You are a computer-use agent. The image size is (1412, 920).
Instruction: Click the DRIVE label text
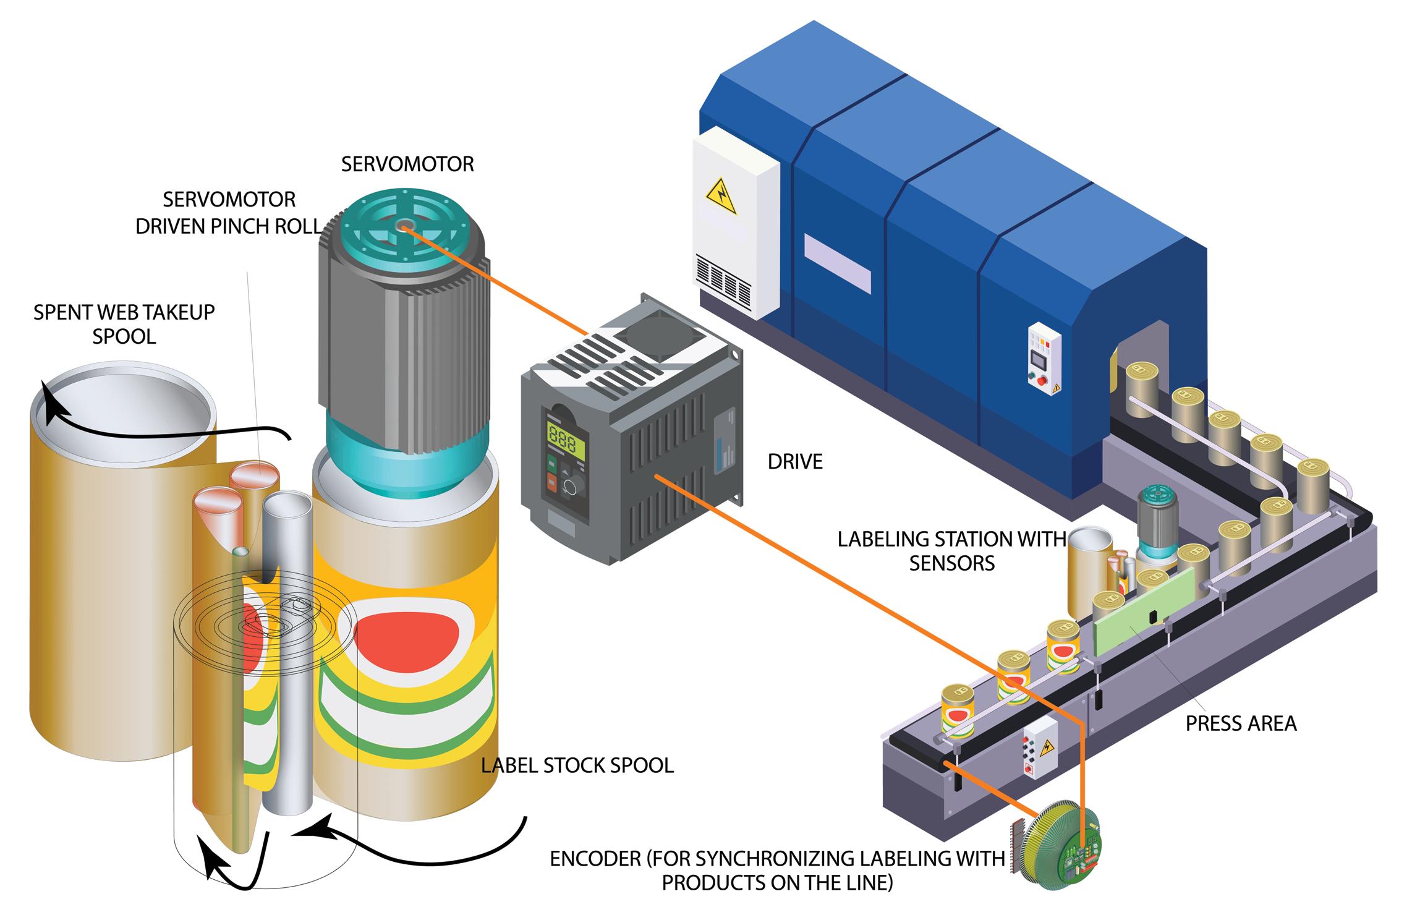tap(795, 462)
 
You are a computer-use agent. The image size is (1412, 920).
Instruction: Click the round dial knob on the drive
tap(570, 488)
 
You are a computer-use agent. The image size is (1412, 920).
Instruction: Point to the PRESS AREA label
tap(1241, 723)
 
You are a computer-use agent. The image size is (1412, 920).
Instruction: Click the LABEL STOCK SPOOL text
tap(577, 765)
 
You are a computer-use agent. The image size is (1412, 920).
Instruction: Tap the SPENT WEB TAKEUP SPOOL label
tap(124, 324)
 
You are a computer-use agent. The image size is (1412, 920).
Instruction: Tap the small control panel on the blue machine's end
tap(1044, 358)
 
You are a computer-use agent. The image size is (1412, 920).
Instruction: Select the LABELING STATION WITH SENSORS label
tap(951, 551)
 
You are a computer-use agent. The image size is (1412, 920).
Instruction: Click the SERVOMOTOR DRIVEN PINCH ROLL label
tap(229, 213)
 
